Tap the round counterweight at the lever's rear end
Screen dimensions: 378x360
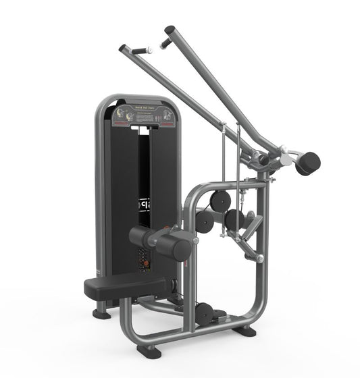(309, 162)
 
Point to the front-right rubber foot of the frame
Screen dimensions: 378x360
(245, 330)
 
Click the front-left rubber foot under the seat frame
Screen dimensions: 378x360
(149, 352)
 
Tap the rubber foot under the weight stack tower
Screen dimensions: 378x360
(101, 313)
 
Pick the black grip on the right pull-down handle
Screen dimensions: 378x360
(166, 43)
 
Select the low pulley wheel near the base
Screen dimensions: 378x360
(203, 313)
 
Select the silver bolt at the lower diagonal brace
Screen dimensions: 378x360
(259, 259)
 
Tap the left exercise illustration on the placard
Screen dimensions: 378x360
(123, 113)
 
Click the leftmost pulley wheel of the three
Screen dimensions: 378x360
(204, 222)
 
